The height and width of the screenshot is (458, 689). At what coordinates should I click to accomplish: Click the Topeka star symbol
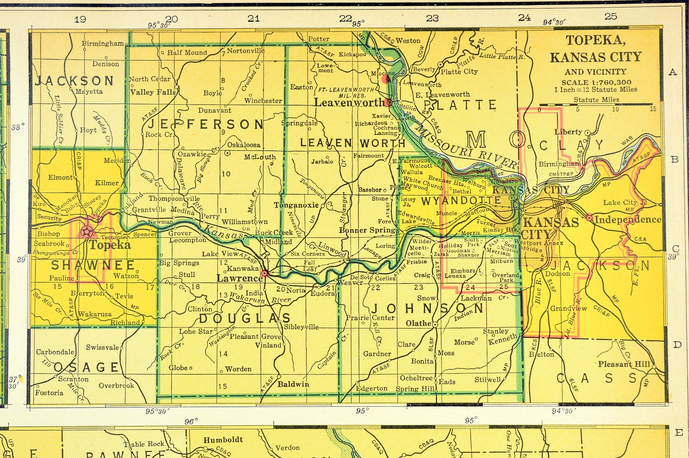87,231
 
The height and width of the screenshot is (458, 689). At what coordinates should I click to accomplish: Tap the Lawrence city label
239,278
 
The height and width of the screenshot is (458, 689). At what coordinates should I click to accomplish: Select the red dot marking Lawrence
265,273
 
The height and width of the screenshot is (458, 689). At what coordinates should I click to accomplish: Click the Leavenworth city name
349,103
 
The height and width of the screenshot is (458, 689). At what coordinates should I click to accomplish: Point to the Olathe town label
418,323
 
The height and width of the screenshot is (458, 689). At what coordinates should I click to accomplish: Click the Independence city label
627,219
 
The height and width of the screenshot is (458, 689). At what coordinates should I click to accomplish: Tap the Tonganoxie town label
296,205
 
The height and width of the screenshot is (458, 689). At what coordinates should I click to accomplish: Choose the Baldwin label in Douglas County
293,384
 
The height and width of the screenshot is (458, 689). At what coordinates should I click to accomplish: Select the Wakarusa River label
260,298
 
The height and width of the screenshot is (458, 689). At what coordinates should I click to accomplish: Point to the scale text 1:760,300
597,82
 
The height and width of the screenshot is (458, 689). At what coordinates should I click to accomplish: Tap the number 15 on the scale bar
653,109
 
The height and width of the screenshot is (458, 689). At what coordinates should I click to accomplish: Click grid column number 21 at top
253,18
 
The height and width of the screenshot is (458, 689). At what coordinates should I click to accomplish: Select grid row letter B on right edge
674,159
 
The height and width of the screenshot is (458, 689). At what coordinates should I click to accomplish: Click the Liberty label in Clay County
568,132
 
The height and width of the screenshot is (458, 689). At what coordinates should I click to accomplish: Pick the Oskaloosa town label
244,145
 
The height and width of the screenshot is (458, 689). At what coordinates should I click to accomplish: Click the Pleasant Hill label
624,364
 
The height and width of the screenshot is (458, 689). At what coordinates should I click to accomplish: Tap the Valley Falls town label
153,92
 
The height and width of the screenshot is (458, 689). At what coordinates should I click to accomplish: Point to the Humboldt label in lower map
223,439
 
